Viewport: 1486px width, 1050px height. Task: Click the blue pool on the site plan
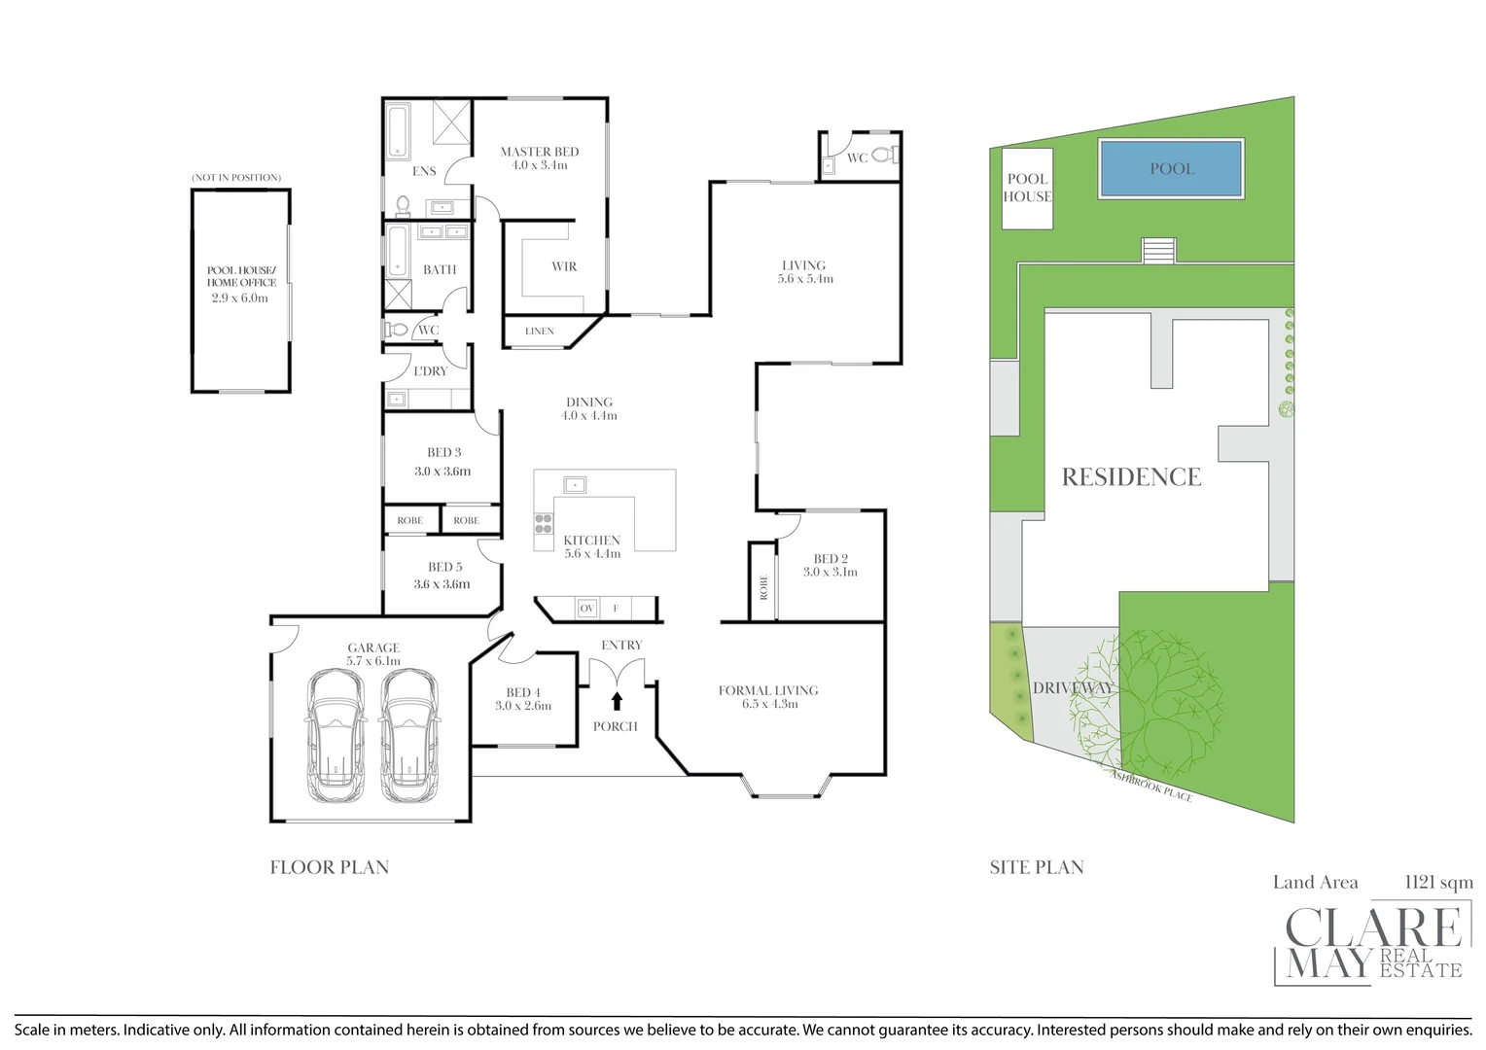tap(1171, 168)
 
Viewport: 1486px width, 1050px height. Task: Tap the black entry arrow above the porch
tap(617, 701)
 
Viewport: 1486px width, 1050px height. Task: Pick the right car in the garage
tap(409, 736)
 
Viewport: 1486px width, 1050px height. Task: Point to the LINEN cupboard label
tap(540, 331)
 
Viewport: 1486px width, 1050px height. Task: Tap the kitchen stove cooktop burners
tap(544, 523)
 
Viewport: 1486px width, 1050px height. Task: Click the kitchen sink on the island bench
tap(575, 485)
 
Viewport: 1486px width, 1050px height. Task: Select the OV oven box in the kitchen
tap(587, 609)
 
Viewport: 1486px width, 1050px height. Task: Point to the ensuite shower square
tap(452, 122)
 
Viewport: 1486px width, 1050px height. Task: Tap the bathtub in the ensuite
tap(397, 130)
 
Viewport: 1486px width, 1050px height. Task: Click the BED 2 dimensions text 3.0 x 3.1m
tap(830, 572)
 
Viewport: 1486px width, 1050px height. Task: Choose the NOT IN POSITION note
tap(237, 178)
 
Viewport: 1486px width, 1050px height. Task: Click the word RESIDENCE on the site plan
tap(1131, 477)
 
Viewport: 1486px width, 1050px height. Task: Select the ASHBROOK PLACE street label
tap(1151, 785)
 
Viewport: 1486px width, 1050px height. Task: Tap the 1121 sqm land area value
tap(1438, 882)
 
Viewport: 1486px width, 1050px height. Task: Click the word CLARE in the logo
tap(1372, 927)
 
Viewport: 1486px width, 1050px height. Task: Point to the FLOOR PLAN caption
tap(330, 867)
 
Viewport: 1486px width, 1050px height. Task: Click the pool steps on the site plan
tap(1158, 251)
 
